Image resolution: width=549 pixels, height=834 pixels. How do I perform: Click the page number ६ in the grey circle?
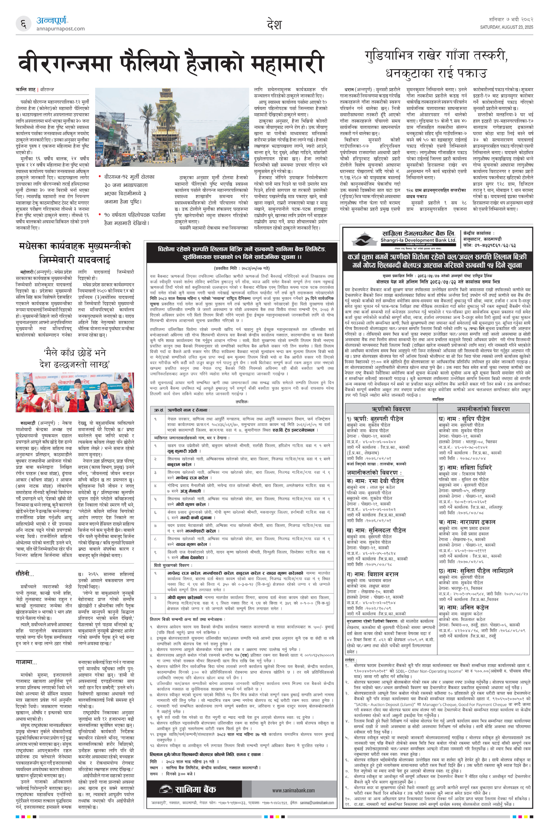click(23, 24)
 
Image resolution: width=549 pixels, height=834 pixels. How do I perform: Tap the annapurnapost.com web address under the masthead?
click(60, 29)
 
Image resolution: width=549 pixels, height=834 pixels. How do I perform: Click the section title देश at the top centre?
click(274, 25)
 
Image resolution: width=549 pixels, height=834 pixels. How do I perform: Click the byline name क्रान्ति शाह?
click(26, 90)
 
